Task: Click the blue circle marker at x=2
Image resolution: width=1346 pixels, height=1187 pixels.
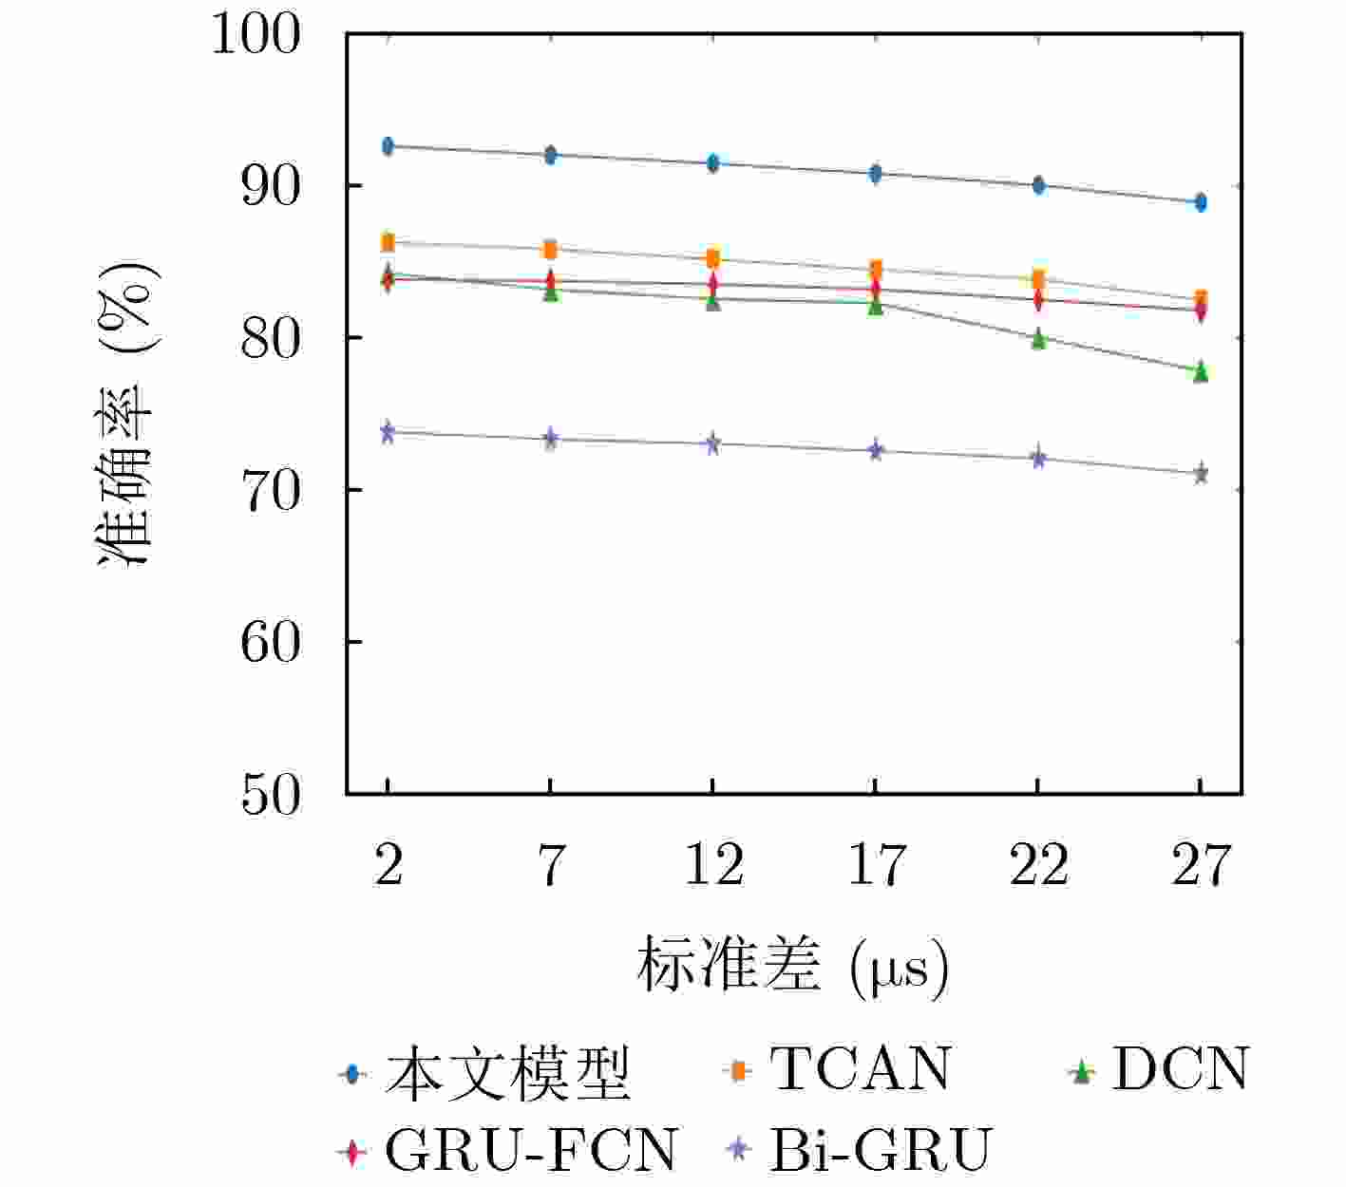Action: (x=388, y=146)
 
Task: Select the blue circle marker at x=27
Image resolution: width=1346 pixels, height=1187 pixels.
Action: (x=1201, y=202)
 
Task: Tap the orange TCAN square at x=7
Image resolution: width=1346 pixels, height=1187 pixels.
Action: (x=550, y=250)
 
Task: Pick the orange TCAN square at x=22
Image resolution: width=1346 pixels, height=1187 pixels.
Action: (x=1038, y=279)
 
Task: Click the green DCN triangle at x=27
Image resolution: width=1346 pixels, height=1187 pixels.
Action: (x=1201, y=371)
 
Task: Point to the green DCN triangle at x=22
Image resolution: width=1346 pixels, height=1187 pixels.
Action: (x=1038, y=339)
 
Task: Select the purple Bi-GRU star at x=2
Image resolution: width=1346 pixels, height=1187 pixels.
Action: (x=388, y=433)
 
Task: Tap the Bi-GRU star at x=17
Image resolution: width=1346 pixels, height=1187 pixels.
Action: (x=876, y=450)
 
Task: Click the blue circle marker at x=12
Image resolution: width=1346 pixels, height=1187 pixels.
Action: (x=712, y=163)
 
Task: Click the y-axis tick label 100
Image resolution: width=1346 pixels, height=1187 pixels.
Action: (x=256, y=35)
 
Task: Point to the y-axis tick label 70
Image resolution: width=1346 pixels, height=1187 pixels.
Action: (x=270, y=491)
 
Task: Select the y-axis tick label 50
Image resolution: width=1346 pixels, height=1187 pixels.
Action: (x=270, y=795)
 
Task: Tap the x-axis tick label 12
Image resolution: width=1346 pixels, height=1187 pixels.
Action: (x=713, y=865)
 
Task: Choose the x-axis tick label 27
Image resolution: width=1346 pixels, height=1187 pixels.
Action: (x=1201, y=865)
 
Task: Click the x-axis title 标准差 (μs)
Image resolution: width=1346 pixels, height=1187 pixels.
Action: (x=792, y=966)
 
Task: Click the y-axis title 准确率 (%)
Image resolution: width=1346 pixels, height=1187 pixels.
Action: (x=128, y=414)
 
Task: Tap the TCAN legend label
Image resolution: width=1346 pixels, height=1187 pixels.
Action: (x=860, y=1070)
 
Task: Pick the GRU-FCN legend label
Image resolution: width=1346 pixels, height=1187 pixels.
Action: (x=531, y=1151)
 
